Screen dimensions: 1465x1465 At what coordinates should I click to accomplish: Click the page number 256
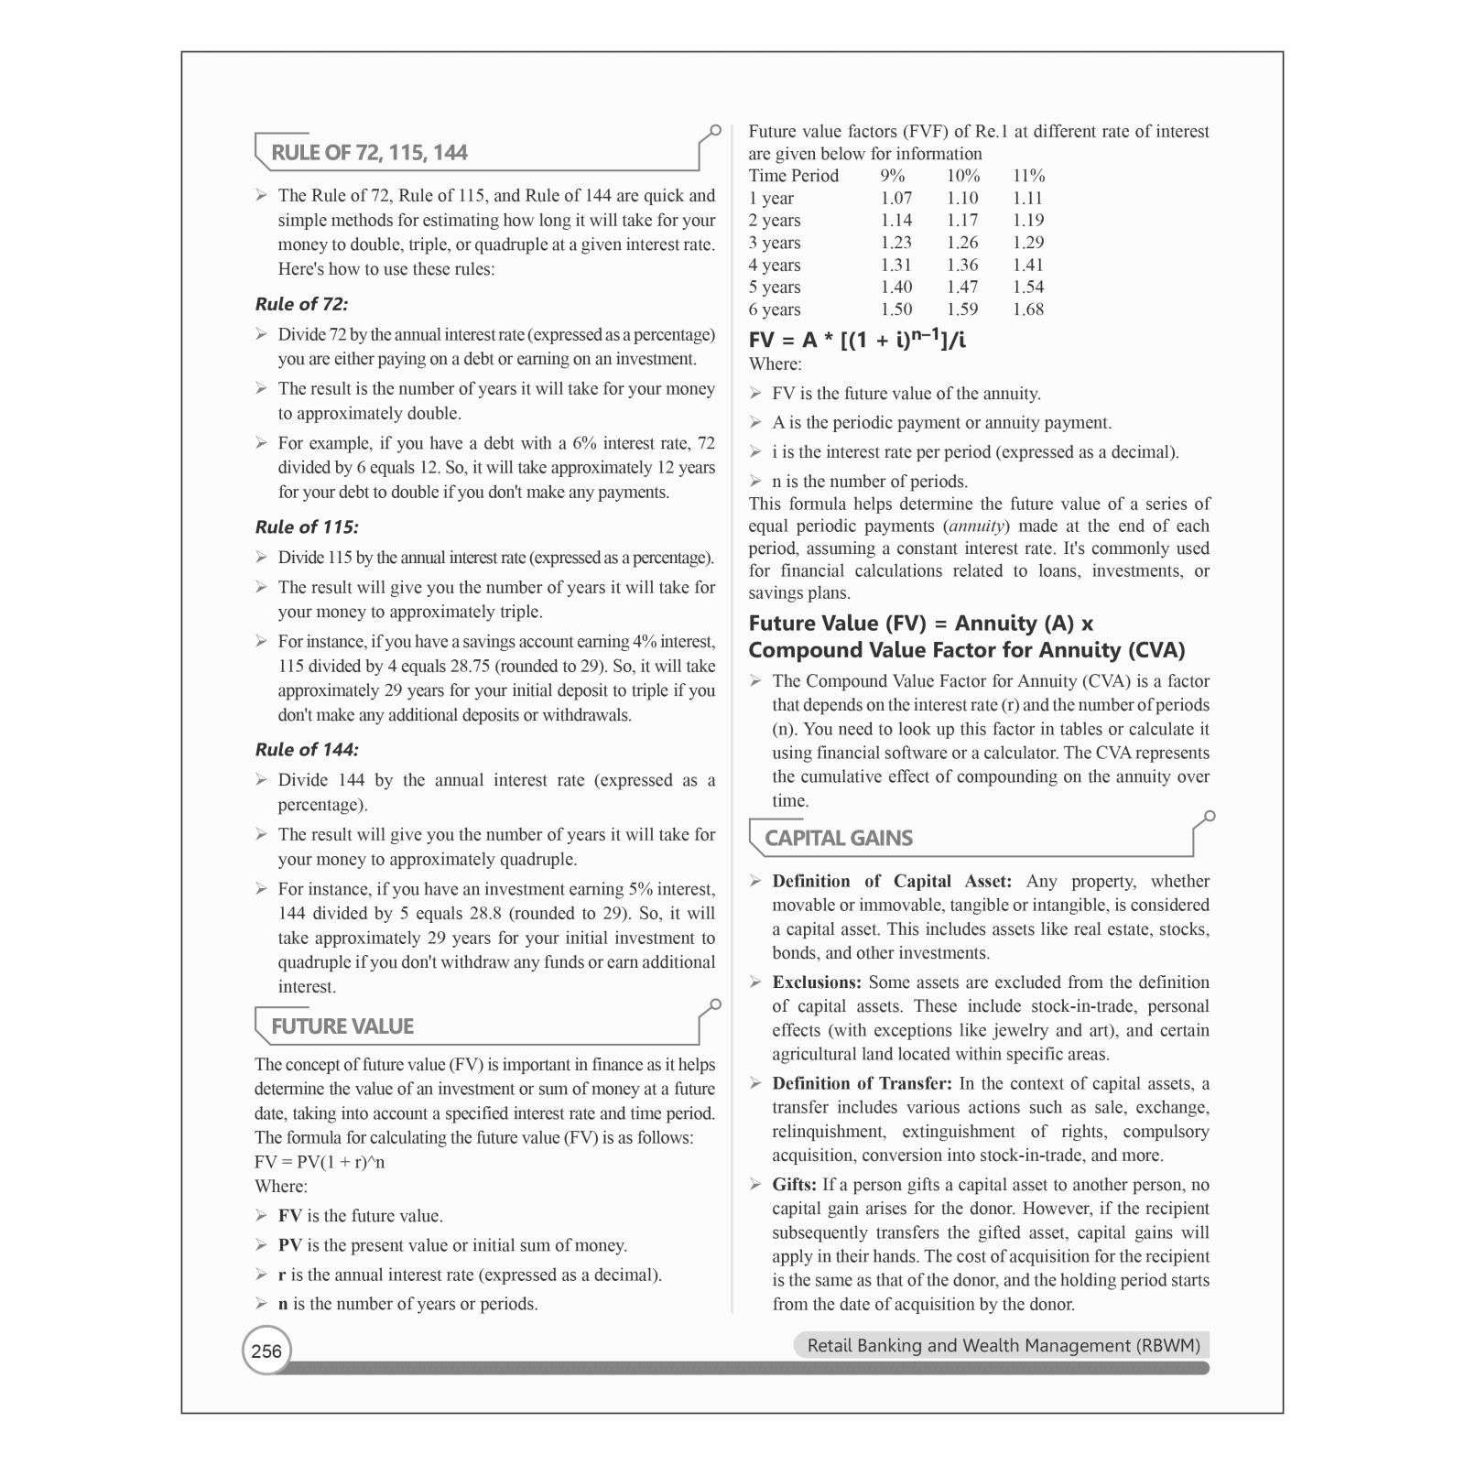(266, 1351)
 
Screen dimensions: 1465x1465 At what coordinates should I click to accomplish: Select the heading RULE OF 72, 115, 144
(369, 153)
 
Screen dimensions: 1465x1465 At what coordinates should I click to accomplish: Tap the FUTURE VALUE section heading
(342, 1026)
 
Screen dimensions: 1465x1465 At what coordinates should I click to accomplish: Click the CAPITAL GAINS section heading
(839, 838)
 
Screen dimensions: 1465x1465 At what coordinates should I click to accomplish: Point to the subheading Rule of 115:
(307, 526)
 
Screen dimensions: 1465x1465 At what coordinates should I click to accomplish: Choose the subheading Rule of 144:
(307, 749)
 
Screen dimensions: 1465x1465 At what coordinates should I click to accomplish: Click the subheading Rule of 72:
(301, 304)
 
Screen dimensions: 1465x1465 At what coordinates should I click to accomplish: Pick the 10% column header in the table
(963, 176)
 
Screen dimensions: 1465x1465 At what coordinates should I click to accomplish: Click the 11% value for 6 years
(1028, 309)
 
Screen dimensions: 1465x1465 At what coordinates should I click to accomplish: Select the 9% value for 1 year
(896, 198)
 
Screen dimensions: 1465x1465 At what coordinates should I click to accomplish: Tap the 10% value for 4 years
(962, 265)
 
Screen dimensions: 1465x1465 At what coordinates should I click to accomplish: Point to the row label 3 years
(775, 243)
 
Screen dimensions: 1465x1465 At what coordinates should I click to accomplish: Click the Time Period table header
(793, 176)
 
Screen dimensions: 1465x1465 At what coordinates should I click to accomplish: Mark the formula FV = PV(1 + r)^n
(320, 1162)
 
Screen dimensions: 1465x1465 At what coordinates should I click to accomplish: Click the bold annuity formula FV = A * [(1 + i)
(856, 340)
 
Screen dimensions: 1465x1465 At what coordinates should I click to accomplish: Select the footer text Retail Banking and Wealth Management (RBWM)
(1003, 1345)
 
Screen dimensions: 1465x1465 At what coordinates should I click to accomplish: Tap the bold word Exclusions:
(817, 982)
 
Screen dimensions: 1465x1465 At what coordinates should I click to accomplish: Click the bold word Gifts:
(794, 1185)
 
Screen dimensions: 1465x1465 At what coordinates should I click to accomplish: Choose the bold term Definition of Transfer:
(862, 1083)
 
